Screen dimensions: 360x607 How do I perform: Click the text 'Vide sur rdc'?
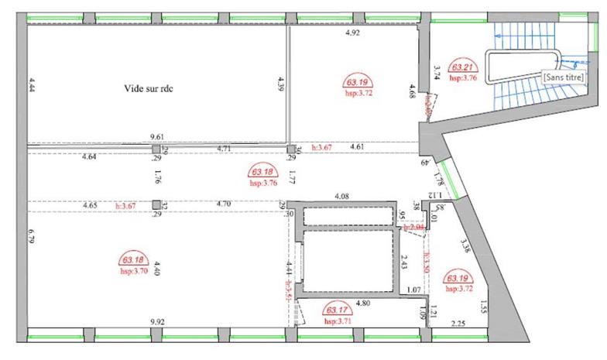[x=149, y=88]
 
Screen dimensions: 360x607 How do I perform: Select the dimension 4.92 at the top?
[x=353, y=34]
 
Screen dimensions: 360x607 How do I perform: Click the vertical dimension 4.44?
[x=32, y=84]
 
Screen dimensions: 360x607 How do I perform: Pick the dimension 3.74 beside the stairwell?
[x=437, y=72]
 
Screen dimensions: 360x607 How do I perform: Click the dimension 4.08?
[x=340, y=197]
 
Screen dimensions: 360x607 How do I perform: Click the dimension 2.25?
[x=458, y=324]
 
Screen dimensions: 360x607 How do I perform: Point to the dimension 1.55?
[x=484, y=307]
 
